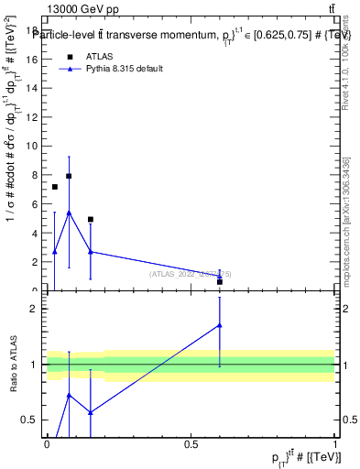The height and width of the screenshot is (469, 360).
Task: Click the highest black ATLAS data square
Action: coord(69,176)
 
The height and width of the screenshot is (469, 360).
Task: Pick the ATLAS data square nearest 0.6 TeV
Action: coord(220,281)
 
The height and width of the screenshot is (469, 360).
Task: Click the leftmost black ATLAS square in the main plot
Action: coord(55,187)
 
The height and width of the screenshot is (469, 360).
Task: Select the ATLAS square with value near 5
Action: coord(91,220)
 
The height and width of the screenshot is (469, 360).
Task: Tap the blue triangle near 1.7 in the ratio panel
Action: coord(220,324)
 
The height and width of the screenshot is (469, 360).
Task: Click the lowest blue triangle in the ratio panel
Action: coord(91,412)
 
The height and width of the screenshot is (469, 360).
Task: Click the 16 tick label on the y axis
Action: coord(34,60)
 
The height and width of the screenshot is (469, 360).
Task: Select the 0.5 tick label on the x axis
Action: coord(191,444)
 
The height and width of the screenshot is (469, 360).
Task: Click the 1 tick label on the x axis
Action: coord(335,444)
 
